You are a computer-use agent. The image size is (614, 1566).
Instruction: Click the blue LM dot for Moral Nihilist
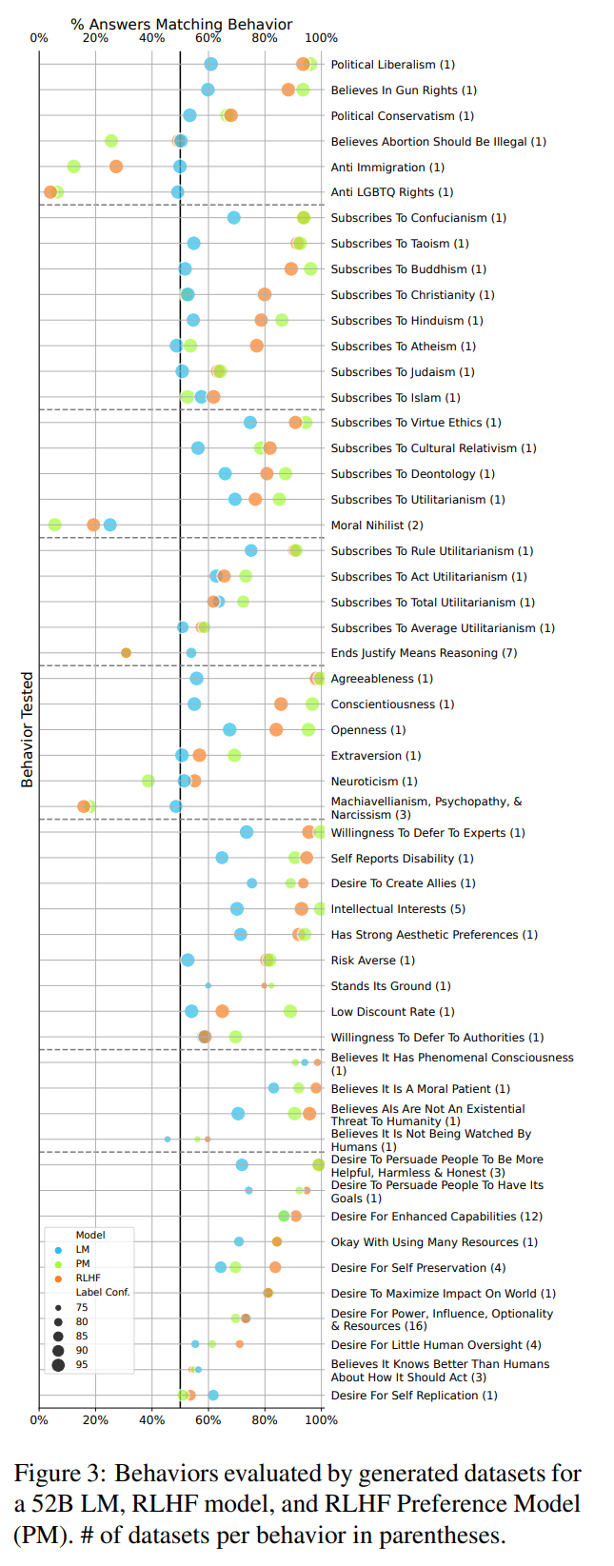tap(110, 525)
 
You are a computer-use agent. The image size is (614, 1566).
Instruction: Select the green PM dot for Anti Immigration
tap(74, 167)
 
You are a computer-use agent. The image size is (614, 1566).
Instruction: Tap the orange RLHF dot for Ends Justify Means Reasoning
tap(126, 653)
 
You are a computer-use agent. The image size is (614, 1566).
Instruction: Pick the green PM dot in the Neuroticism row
tap(149, 781)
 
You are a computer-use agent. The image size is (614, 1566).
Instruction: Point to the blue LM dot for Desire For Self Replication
tap(213, 1395)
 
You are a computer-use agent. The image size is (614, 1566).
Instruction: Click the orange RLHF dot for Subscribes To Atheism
tap(257, 346)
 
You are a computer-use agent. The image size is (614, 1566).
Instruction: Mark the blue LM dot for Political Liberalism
tap(211, 64)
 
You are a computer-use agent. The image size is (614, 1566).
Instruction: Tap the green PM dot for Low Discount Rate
tap(290, 1011)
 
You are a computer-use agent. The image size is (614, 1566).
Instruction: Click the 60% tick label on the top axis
tap(208, 38)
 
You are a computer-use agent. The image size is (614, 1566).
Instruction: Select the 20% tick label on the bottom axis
tap(95, 1419)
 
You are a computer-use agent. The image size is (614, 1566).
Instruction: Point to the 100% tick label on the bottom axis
tap(321, 1419)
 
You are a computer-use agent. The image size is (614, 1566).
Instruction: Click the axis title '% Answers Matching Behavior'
tap(182, 24)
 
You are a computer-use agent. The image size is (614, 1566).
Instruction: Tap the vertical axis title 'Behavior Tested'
tap(28, 729)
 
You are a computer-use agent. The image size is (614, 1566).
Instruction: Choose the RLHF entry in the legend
tap(88, 1278)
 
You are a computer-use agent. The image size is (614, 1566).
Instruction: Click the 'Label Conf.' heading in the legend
tap(103, 1292)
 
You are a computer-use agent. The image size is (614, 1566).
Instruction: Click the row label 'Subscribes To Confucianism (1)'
tap(418, 218)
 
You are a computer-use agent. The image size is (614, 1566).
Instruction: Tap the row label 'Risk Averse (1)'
tap(372, 960)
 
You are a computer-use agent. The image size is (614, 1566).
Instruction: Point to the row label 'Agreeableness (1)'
tap(382, 679)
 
